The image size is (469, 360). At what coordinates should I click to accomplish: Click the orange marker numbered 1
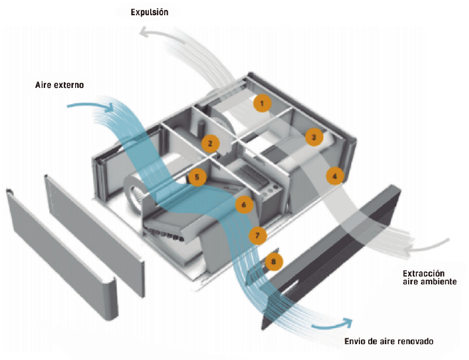point(262,103)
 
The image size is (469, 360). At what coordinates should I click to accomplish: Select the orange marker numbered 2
point(210,142)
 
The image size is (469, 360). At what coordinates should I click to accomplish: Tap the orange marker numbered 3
point(314,137)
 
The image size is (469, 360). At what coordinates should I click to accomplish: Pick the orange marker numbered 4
point(334,175)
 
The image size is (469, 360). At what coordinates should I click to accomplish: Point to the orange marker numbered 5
point(197,176)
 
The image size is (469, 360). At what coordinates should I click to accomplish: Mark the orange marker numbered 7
point(257,235)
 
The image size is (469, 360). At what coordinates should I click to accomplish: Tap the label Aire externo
point(60,85)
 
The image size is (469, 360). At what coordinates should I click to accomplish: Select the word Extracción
point(424,273)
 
